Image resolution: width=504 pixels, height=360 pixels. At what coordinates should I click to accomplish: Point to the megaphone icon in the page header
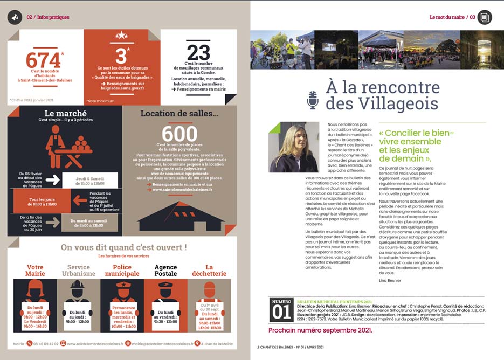click(15, 17)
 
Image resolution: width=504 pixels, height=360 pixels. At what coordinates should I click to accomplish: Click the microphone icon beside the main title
click(313, 100)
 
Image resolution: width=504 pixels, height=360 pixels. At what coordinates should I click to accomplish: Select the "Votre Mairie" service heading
click(35, 271)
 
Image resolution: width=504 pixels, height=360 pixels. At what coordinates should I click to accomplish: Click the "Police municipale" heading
click(120, 271)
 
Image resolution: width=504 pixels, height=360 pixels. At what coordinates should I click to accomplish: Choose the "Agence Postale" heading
click(165, 271)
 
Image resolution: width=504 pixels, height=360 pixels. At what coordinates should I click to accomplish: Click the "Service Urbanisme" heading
click(79, 271)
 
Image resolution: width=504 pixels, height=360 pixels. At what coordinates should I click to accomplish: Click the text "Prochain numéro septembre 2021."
click(320, 330)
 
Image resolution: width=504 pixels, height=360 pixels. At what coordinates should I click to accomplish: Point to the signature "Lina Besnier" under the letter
click(390, 280)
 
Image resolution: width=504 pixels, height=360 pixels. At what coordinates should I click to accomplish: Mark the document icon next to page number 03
click(485, 17)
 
